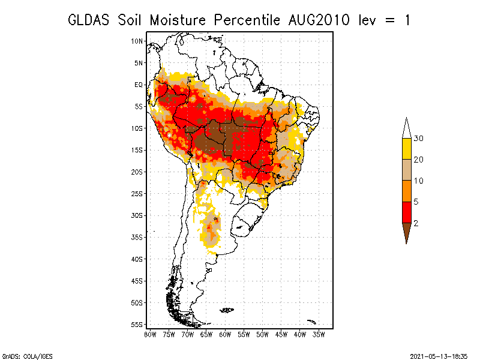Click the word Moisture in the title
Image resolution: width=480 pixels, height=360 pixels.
tap(178, 20)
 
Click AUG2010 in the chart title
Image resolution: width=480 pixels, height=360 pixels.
tap(319, 20)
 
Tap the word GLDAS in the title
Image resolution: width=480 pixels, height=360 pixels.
tap(88, 20)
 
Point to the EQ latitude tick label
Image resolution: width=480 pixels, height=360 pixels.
tap(139, 85)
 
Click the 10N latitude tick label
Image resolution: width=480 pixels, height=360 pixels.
tap(137, 41)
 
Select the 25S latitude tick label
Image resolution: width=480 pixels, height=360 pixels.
tap(137, 194)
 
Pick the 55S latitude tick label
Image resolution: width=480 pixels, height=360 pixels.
tap(137, 325)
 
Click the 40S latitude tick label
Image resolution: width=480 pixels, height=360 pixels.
tap(137, 259)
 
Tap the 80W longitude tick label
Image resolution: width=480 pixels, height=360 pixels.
tap(150, 335)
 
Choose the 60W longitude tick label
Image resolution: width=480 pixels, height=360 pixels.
tap(225, 335)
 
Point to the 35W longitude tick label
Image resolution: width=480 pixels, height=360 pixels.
tap(319, 335)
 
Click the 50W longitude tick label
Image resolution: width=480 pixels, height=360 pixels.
tap(262, 335)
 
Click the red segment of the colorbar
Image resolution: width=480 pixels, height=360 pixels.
tap(407, 212)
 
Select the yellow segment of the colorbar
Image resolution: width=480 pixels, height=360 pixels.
tap(407, 149)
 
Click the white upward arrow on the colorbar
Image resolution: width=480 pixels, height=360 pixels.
tap(407, 128)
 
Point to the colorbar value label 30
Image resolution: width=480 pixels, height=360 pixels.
tap(418, 139)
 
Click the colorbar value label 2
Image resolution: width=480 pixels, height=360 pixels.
tap(416, 223)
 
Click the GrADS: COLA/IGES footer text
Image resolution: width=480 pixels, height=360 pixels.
tap(27, 356)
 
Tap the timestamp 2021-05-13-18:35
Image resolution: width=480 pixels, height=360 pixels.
tap(439, 356)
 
